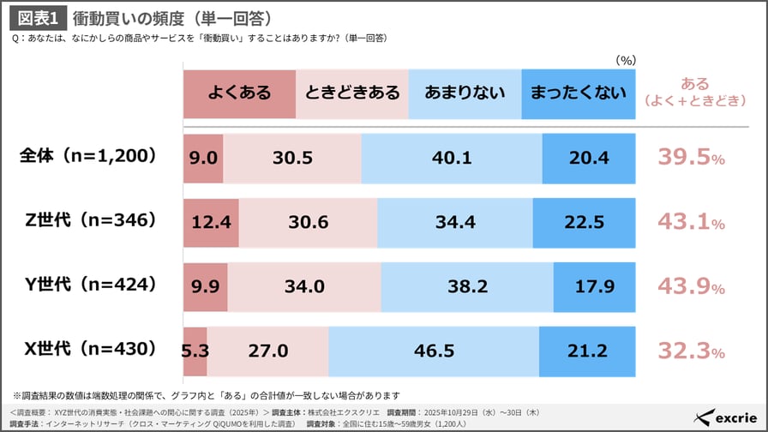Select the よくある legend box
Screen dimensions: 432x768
[x=239, y=93]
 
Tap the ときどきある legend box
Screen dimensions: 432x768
[x=351, y=93]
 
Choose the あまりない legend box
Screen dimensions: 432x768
[x=465, y=93]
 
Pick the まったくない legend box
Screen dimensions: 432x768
[x=578, y=93]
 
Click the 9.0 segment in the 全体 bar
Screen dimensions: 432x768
[x=203, y=158]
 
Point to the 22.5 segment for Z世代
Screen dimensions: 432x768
[x=585, y=221]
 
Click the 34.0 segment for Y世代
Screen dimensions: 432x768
[x=304, y=285]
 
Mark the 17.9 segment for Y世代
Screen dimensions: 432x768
[x=595, y=285]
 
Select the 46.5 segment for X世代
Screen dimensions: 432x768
[x=434, y=350]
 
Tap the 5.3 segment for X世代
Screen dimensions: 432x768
[x=195, y=350]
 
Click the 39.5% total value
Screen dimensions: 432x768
[x=691, y=158]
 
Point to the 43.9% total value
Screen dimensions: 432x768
[x=691, y=285]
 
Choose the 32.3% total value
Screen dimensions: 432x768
[x=691, y=350]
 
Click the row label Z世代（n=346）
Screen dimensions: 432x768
[x=91, y=220]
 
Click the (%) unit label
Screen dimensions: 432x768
[x=626, y=61]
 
